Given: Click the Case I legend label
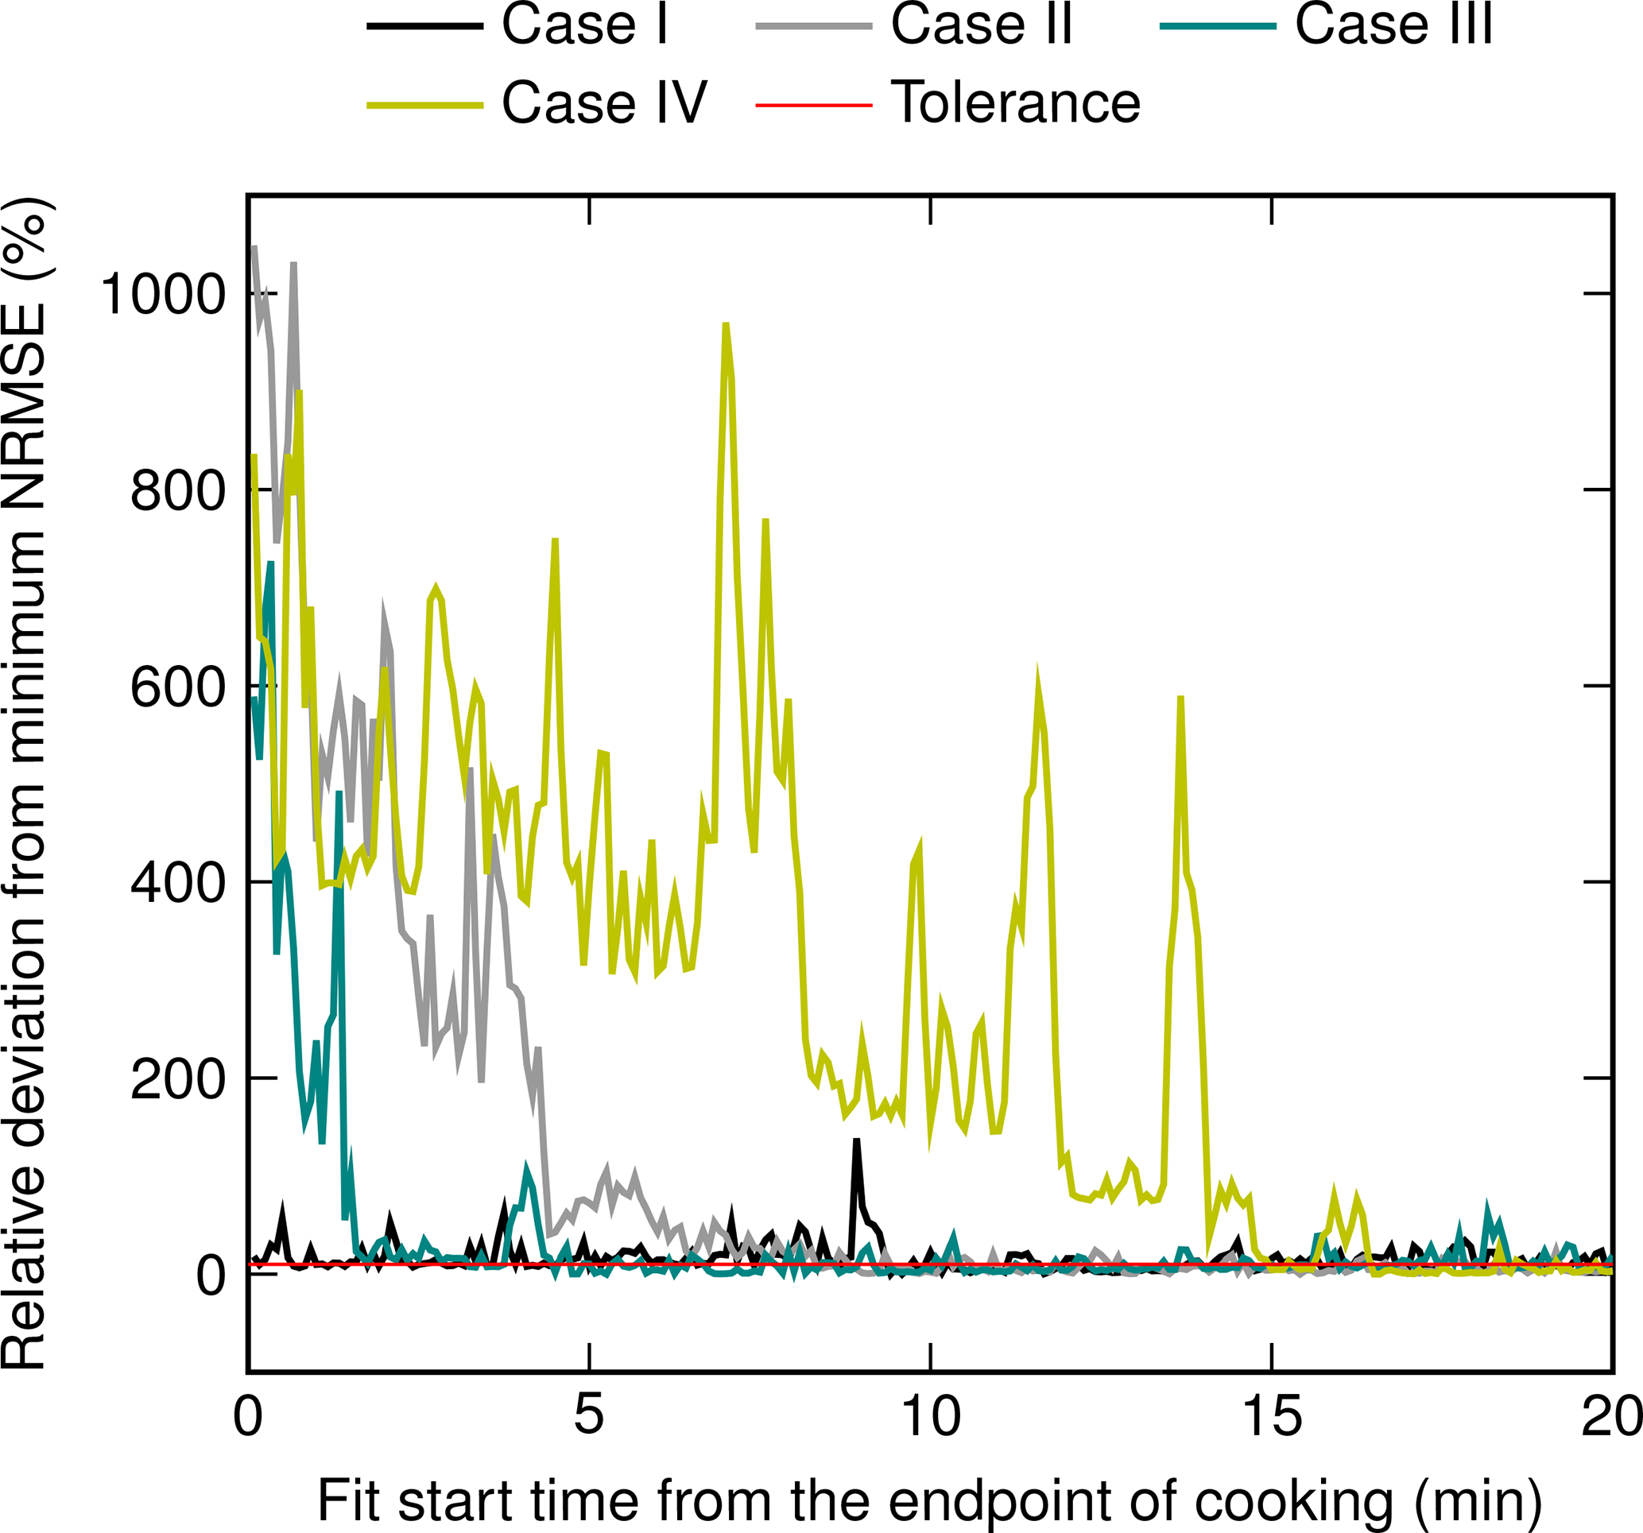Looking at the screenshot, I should click(x=584, y=25).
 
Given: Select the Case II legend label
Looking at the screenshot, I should click(x=981, y=25).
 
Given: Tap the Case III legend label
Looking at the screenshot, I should click(x=1393, y=25).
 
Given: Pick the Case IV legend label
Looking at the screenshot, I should click(x=604, y=103).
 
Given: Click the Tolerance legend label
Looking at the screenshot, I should click(x=1016, y=103).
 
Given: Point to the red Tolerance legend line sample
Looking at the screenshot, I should click(x=814, y=105).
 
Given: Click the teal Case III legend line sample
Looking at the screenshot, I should click(x=1219, y=26).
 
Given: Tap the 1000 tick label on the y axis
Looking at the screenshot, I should click(x=163, y=294).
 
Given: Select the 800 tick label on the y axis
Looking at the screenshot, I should click(x=178, y=490).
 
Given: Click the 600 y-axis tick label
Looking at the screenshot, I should click(x=178, y=686).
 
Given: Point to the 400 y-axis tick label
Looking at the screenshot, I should click(x=178, y=883).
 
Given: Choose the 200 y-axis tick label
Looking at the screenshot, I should click(x=178, y=1078).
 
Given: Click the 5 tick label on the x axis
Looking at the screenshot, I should click(x=588, y=1416).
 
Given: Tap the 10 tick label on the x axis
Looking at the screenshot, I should click(x=930, y=1416).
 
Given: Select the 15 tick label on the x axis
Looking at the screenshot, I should click(x=1271, y=1416).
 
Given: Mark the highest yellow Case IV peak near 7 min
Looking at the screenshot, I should click(x=726, y=325).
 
